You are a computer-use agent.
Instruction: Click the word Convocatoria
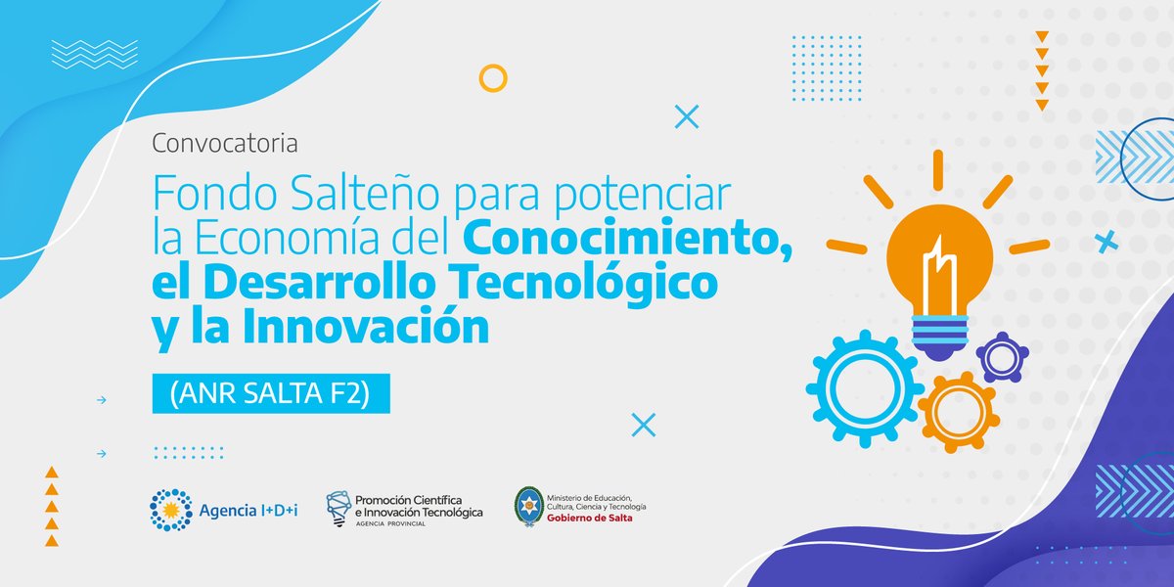click(224, 144)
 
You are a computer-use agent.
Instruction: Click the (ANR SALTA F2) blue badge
click(271, 393)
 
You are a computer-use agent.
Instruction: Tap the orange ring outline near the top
click(493, 77)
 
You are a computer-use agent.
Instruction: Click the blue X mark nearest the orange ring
click(688, 117)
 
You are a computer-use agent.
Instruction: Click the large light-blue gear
click(863, 388)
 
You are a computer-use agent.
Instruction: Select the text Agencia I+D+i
click(248, 510)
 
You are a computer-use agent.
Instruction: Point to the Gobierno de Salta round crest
click(528, 505)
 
